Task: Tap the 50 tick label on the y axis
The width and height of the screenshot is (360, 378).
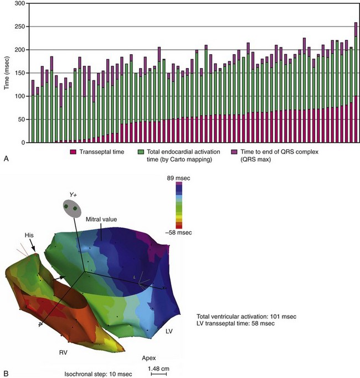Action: pyautogui.click(x=22, y=120)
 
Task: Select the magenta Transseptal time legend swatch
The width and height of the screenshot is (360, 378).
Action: pyautogui.click(x=73, y=151)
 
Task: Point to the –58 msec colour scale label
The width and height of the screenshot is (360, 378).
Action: pyautogui.click(x=179, y=234)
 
